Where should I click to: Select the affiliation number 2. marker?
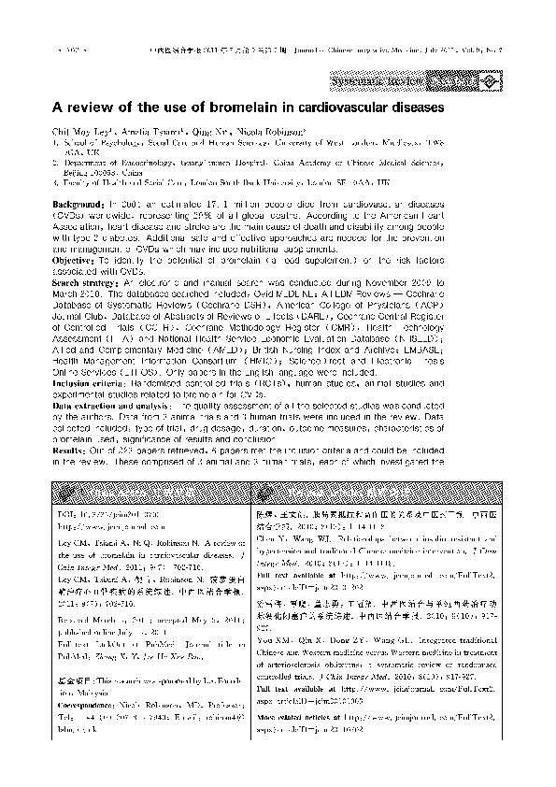pyautogui.click(x=55, y=161)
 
